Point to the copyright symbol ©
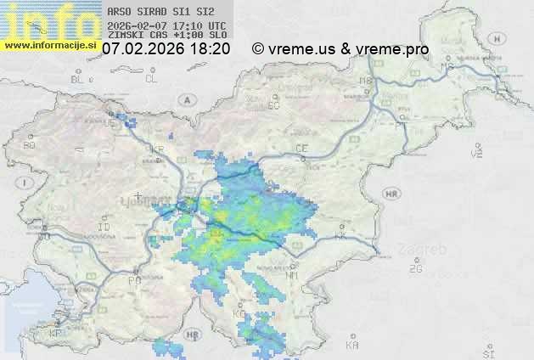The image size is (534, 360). (257, 49)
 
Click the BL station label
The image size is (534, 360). (78, 79)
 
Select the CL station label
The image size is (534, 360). (151, 79)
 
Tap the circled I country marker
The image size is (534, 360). (26, 183)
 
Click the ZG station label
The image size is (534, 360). (415, 269)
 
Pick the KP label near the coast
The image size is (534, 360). (56, 334)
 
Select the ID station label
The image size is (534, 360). (104, 228)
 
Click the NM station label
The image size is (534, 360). (293, 275)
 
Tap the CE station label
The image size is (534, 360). (301, 149)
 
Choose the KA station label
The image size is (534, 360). (351, 346)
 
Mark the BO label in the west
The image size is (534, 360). (30, 146)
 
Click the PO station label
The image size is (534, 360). (133, 279)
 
